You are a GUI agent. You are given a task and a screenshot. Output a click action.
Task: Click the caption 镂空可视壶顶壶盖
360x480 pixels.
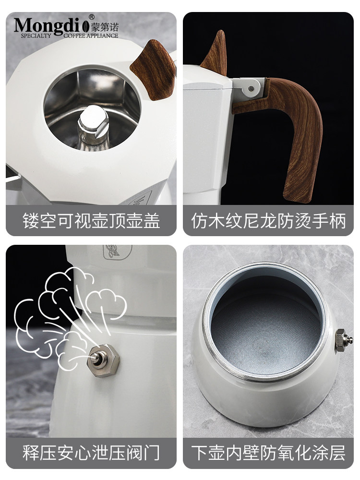[x=91, y=221]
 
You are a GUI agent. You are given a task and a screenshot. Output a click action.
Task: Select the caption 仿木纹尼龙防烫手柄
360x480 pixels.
[x=268, y=221]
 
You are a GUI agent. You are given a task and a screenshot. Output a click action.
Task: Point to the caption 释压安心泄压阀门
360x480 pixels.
[x=91, y=453]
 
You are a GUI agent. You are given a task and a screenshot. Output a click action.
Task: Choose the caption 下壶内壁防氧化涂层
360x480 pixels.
[x=268, y=453]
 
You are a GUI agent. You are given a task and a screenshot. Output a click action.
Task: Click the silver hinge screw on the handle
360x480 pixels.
[x=252, y=88]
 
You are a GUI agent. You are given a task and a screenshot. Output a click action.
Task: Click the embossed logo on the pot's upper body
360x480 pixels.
[x=114, y=252]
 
